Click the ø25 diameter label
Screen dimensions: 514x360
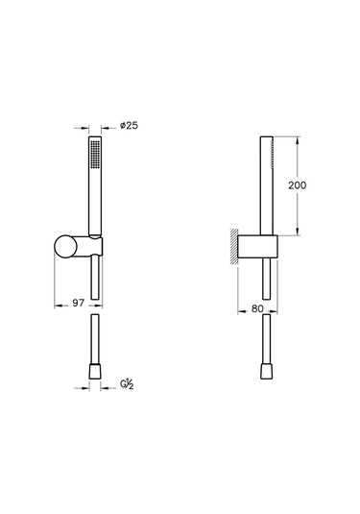[x=124, y=125]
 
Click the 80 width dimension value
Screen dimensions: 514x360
[x=257, y=308]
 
